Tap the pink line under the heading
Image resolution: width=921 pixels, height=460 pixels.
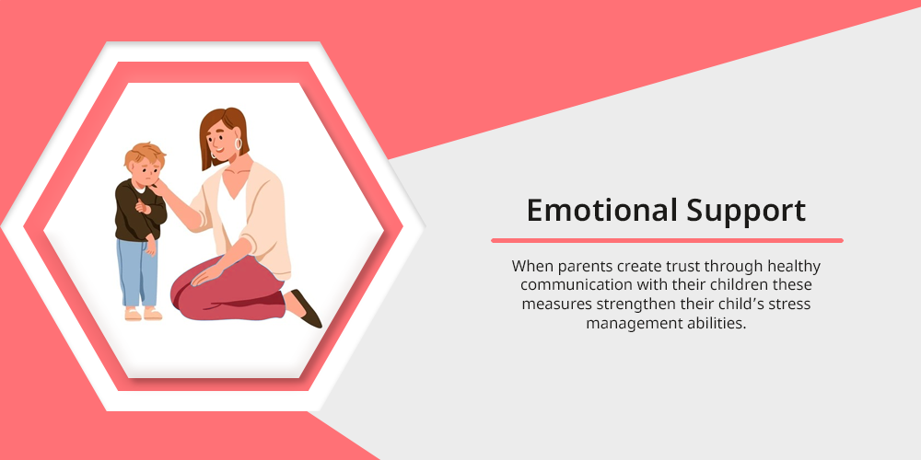pyautogui.click(x=667, y=240)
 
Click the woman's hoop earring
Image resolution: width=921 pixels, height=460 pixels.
pyautogui.click(x=238, y=144)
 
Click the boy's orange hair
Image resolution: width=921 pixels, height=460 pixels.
pyautogui.click(x=143, y=154)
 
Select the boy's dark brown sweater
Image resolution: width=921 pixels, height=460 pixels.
pyautogui.click(x=139, y=211)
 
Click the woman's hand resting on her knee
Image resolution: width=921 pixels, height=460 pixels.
pyautogui.click(x=205, y=274)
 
